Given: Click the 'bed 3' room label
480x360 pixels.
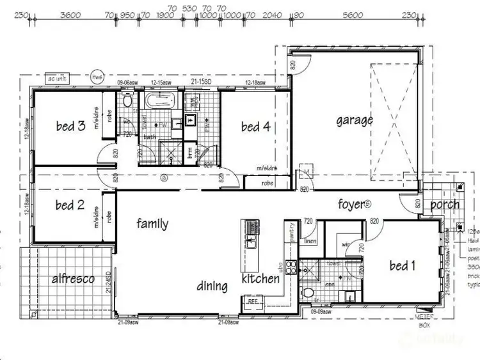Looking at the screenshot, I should [72, 126].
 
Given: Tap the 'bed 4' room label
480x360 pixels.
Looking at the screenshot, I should [255, 127].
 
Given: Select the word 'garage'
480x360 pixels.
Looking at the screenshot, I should [353, 120].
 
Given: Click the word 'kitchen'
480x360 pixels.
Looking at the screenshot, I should [260, 279].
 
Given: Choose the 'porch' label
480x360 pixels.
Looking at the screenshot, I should [444, 205].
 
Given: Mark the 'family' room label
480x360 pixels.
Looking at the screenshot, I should [152, 223].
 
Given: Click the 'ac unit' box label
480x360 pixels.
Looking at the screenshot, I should [58, 79].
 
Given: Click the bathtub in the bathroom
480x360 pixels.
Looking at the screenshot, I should [161, 101].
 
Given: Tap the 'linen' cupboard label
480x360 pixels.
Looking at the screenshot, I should [310, 241].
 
